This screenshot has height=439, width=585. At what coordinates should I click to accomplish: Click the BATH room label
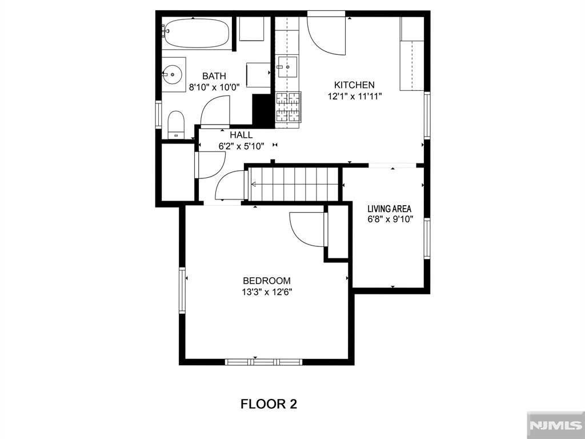tap(214, 76)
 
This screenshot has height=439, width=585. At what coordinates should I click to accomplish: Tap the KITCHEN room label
tap(354, 85)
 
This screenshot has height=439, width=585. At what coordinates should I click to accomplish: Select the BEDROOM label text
tap(267, 281)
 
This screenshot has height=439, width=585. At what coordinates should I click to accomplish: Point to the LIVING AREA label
tap(390, 209)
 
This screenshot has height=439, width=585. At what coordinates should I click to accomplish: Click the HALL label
tap(241, 135)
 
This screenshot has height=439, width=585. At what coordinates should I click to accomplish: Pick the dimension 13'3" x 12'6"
tap(267, 292)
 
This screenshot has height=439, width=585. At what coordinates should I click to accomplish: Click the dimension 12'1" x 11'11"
tap(355, 97)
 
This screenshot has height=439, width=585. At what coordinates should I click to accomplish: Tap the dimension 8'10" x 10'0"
tap(214, 87)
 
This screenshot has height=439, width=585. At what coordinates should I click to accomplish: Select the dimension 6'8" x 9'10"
tap(391, 219)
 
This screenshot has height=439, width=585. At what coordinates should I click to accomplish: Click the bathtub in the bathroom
tap(197, 33)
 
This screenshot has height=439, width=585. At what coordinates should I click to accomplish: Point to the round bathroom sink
tap(173, 74)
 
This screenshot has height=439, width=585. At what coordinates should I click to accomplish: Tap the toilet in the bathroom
tap(176, 124)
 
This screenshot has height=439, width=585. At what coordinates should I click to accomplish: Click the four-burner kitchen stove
tap(288, 107)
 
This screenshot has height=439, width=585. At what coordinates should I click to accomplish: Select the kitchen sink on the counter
tap(287, 66)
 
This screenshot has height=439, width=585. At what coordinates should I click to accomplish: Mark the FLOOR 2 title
tap(269, 404)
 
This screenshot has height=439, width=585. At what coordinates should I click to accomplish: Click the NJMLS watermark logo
tap(555, 425)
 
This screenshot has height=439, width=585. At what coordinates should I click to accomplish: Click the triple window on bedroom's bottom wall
tap(264, 362)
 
